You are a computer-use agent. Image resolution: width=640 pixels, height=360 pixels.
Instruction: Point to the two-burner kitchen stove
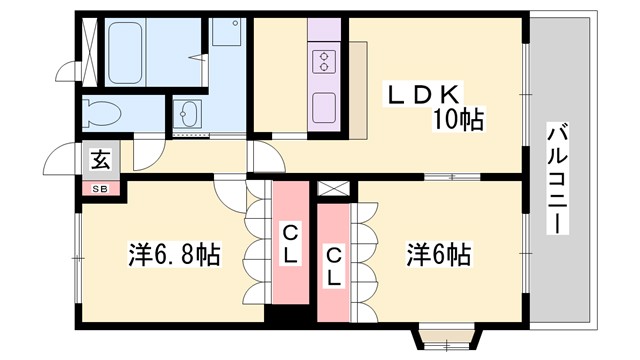[326, 62]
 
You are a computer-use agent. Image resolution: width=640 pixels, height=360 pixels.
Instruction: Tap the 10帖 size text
[459, 121]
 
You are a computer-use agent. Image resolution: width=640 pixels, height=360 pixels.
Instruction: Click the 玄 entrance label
[101, 158]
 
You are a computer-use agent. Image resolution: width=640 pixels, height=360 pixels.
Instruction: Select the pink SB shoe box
[100, 188]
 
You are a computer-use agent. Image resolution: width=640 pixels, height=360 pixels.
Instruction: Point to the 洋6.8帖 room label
[173, 255]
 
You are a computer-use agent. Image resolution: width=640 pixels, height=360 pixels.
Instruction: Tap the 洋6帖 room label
[437, 255]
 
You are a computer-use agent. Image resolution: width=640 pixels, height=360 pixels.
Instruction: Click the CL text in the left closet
[290, 245]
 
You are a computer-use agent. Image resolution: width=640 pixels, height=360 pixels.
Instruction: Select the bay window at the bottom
[437, 338]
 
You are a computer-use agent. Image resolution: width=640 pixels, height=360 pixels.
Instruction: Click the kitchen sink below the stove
[326, 106]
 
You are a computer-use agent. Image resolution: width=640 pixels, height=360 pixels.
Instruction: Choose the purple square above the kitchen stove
[326, 30]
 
